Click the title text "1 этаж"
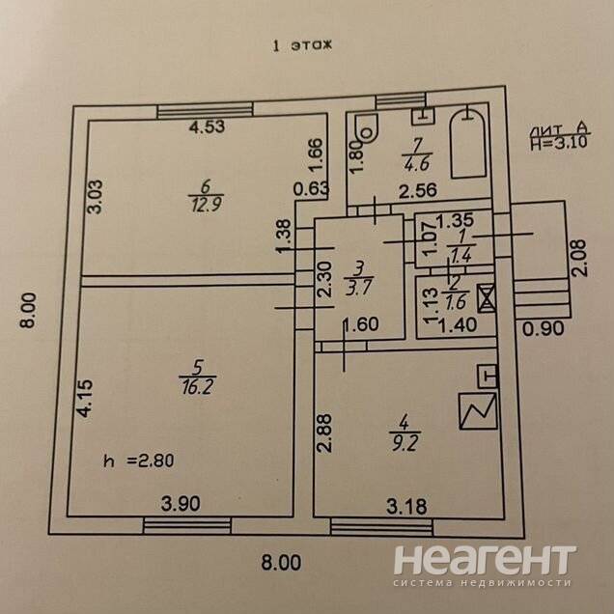pyautogui.click(x=302, y=44)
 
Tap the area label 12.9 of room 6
pyautogui.click(x=203, y=203)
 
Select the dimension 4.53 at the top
pyautogui.click(x=207, y=126)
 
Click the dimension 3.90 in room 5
pyautogui.click(x=181, y=502)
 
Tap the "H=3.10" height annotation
pyautogui.click(x=560, y=143)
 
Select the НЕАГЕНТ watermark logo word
pyautogui.click(x=485, y=560)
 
